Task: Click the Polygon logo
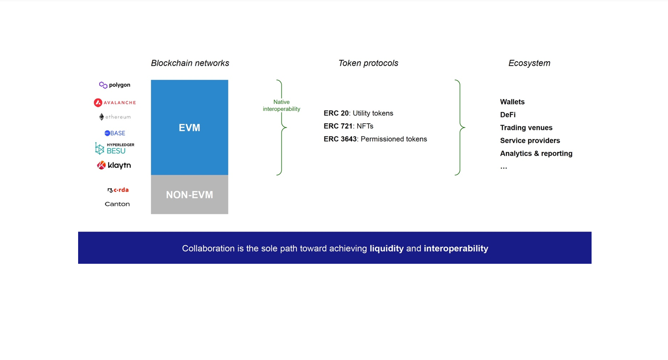(115, 85)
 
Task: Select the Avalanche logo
(115, 103)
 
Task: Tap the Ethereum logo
(115, 117)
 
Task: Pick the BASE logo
(115, 133)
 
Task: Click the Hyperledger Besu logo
(115, 148)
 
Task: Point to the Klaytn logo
(114, 165)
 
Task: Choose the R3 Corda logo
(118, 190)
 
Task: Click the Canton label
(117, 204)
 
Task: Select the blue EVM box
(189, 127)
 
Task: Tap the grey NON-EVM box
(189, 195)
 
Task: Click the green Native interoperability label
(281, 106)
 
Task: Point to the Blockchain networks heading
(190, 63)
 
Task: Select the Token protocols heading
(368, 63)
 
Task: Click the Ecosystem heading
(529, 63)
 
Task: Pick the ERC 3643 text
(340, 139)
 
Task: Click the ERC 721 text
(338, 126)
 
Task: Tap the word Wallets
(512, 102)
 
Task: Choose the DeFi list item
(508, 115)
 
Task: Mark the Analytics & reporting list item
(536, 154)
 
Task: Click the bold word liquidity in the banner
(386, 249)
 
